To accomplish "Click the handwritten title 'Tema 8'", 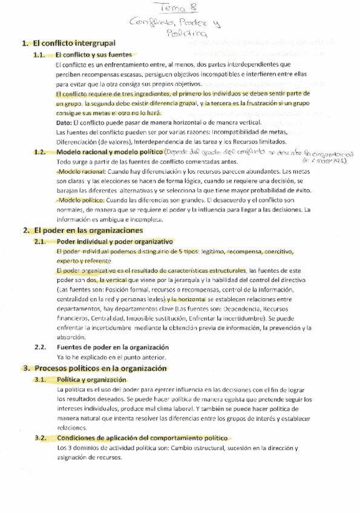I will point(180,8).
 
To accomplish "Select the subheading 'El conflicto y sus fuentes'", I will point(93,54).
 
